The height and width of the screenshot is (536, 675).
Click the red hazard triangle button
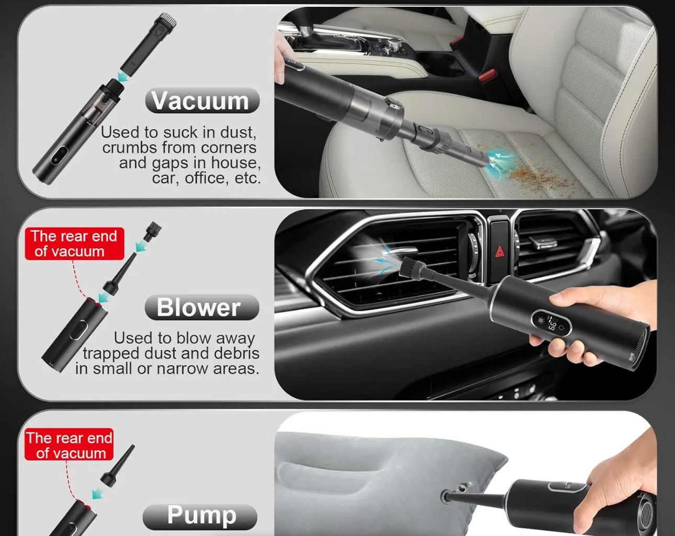[499, 252]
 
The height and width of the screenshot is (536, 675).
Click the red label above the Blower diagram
[75, 244]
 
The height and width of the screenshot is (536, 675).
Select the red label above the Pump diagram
[69, 445]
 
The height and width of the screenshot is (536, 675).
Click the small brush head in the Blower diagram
[152, 231]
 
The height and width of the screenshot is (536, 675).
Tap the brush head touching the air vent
[410, 266]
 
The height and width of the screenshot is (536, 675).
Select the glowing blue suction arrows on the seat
[500, 160]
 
